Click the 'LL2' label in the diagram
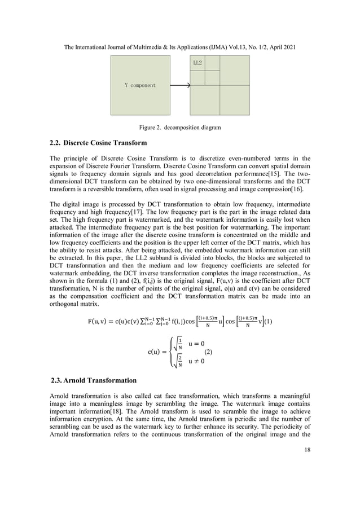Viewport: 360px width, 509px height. pos(197,62)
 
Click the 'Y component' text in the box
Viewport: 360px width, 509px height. pos(139,85)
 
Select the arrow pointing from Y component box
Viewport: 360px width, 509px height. pos(180,85)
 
